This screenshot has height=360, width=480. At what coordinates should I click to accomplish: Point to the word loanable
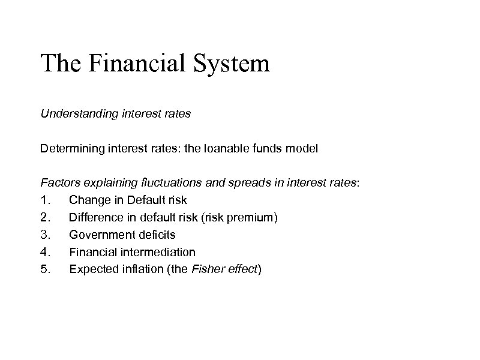point(233,148)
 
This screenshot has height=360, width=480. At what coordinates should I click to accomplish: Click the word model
point(302,148)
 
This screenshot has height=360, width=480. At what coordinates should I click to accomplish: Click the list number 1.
point(44,199)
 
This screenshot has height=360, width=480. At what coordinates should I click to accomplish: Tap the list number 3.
point(44,235)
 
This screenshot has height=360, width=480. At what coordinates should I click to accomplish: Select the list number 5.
point(44,269)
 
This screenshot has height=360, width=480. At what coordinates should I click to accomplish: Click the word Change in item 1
point(88,199)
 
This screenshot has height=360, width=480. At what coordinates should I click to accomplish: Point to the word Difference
point(95,217)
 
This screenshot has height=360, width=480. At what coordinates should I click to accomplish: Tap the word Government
point(98,235)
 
